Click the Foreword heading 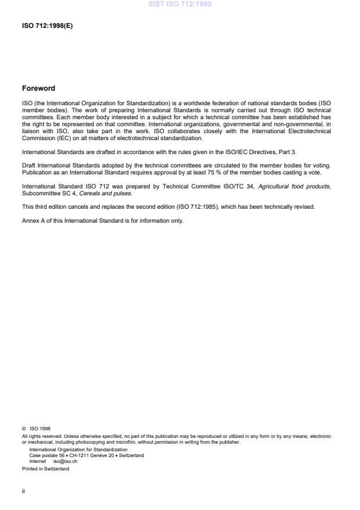point(38,88)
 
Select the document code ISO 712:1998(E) point(47,26)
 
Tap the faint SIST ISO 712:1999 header point(180,4)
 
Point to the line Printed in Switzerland point(45,469)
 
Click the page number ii point(23,490)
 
